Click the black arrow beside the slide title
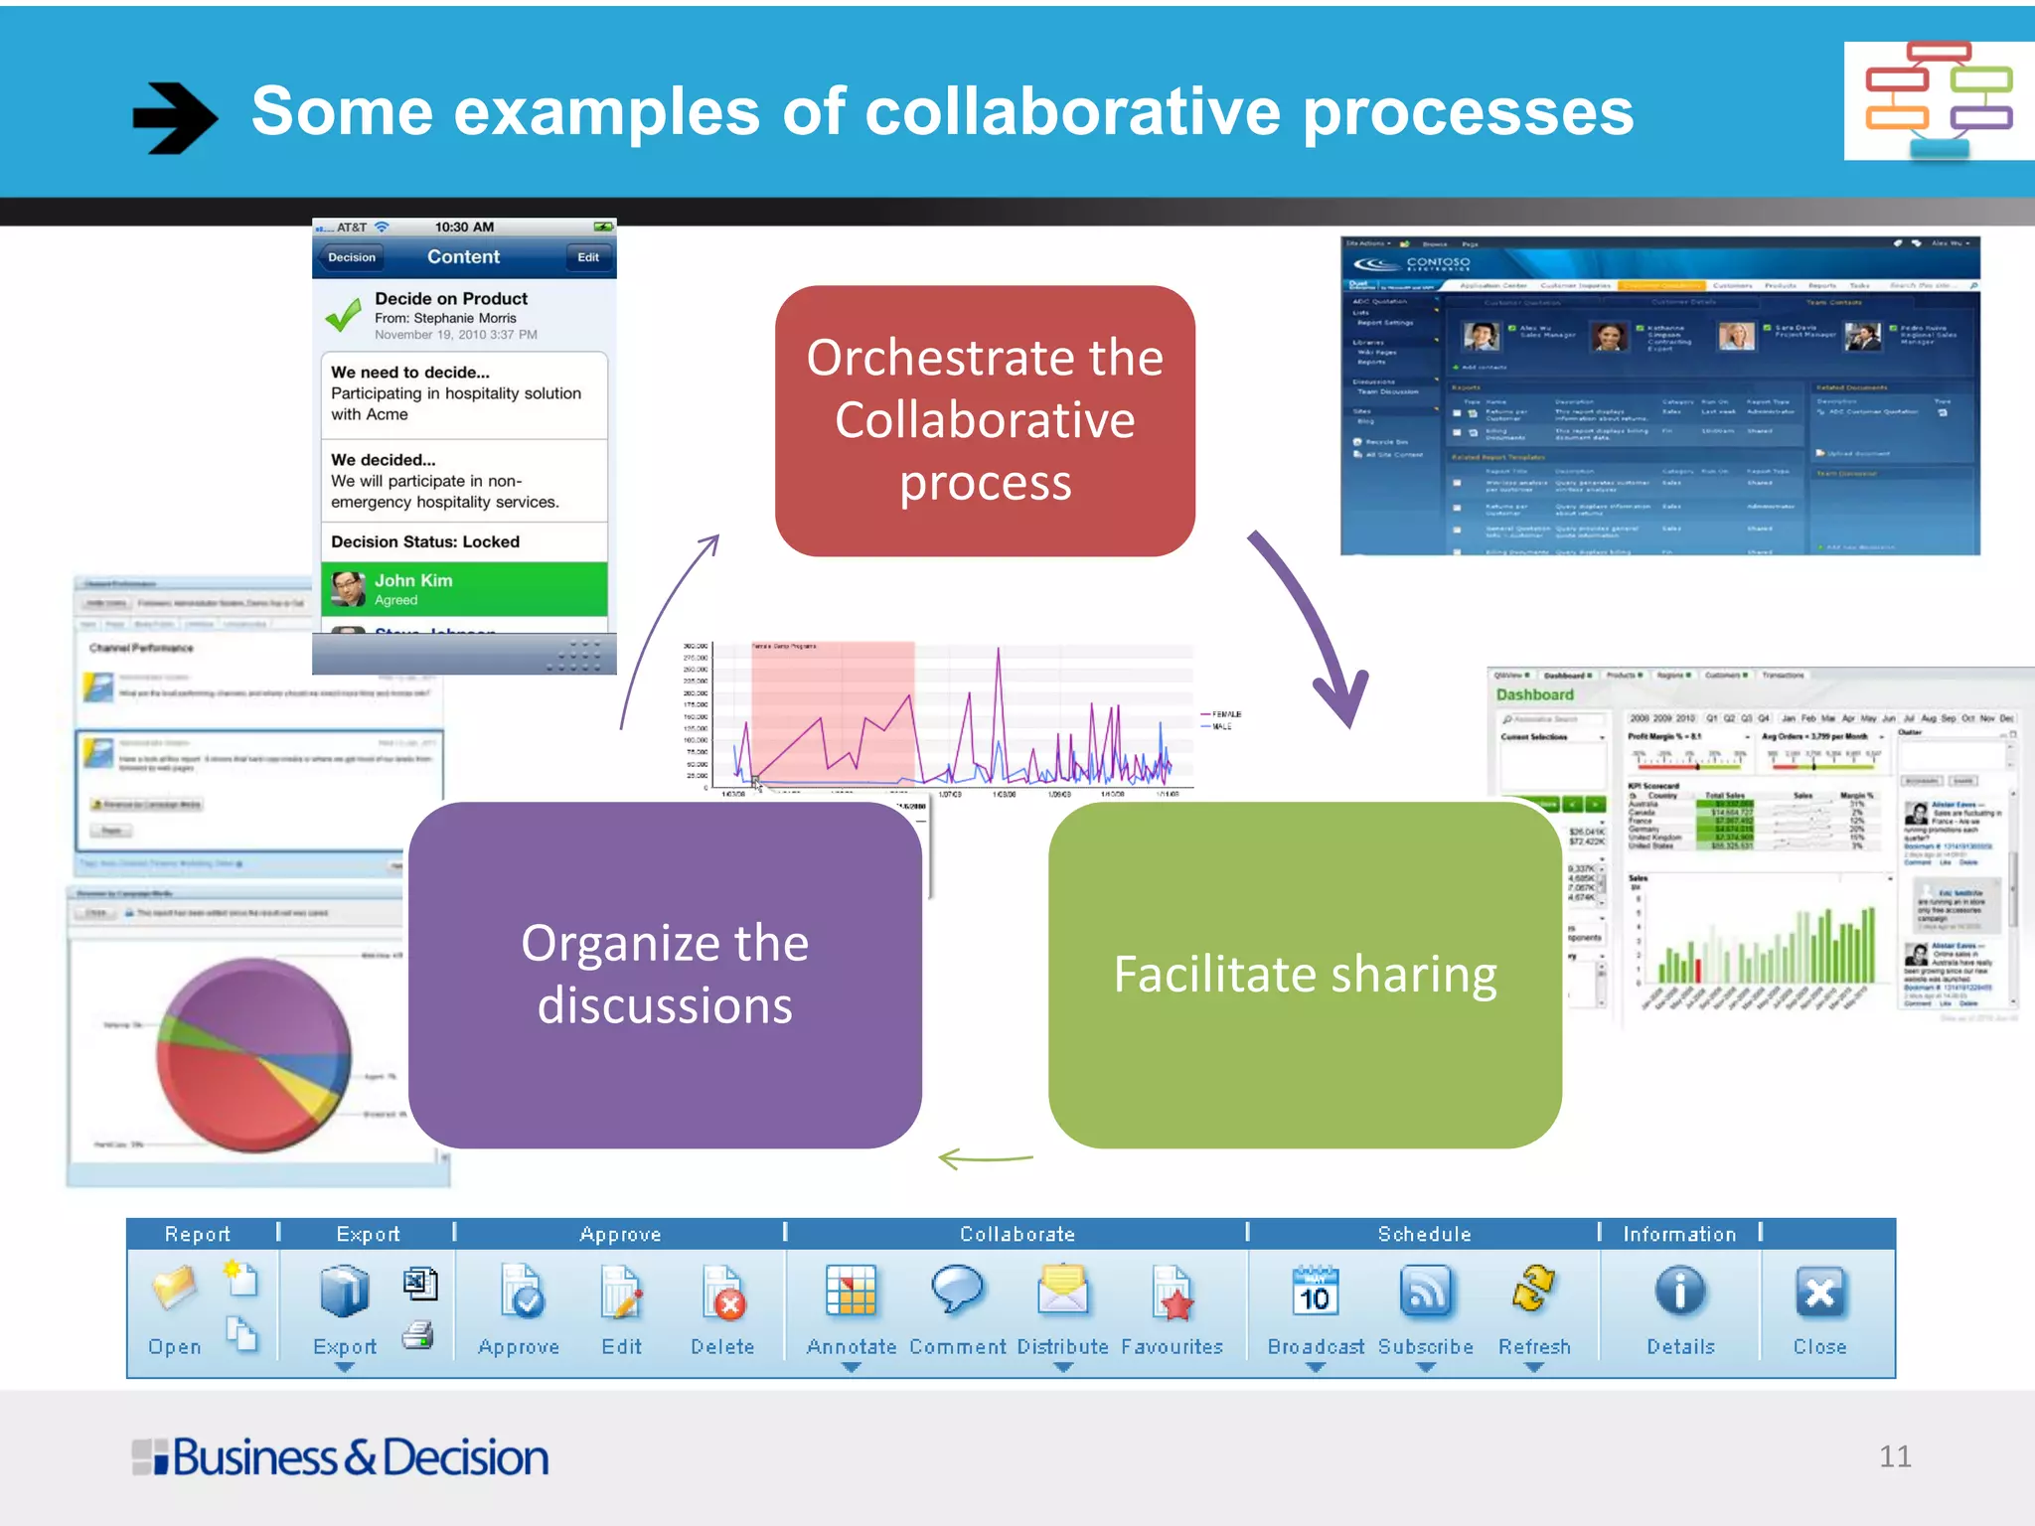174,117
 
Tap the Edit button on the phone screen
588,257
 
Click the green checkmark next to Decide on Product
344,315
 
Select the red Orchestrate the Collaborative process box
984,420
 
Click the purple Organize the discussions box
665,975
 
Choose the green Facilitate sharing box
1304,975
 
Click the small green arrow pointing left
984,1158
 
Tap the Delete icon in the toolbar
722,1295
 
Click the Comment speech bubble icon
957,1291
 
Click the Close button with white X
1819,1294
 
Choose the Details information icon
1679,1293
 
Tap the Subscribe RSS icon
1425,1293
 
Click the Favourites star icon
1173,1295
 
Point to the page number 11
1894,1456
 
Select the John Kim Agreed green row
464,589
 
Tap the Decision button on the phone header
352,257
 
